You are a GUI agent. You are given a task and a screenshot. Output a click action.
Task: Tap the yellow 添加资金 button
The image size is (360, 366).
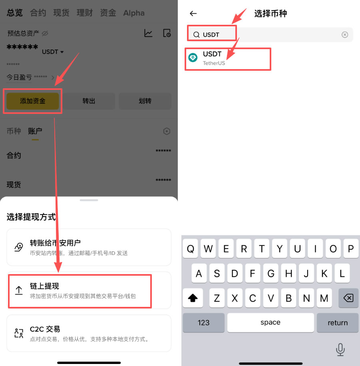point(33,101)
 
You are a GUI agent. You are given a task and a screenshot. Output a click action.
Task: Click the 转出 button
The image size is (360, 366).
point(89,101)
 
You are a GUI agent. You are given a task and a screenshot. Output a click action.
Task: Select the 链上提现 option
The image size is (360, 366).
point(80,290)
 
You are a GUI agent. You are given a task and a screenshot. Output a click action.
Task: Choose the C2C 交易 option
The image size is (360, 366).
point(89,334)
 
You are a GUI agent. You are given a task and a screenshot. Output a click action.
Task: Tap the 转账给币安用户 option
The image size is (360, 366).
point(89,247)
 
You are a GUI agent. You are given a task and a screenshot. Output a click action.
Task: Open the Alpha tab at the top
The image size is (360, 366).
point(134,13)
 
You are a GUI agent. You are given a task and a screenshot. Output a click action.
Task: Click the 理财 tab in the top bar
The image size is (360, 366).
point(85,13)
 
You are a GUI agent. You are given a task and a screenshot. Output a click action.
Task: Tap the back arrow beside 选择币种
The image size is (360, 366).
point(193,14)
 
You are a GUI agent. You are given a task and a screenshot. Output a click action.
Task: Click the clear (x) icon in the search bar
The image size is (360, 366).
point(345,35)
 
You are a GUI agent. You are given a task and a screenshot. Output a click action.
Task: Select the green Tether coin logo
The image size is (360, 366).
point(193,58)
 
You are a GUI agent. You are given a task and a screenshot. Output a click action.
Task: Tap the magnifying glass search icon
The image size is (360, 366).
point(196,35)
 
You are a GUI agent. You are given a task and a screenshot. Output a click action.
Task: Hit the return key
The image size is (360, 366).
point(338,322)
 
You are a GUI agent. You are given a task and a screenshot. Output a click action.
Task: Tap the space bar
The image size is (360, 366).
point(270,322)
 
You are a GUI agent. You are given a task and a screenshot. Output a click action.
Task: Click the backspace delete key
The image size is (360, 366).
point(348,298)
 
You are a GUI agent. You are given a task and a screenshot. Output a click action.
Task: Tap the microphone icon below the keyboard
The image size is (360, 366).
point(340,350)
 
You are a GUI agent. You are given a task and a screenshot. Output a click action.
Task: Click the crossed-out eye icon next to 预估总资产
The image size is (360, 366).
point(45,33)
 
